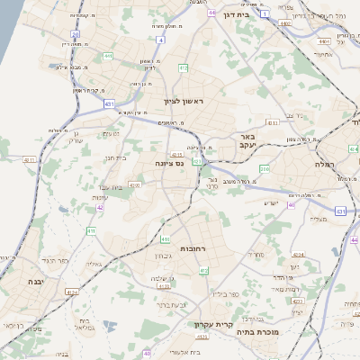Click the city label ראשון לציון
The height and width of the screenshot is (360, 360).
click(184, 103)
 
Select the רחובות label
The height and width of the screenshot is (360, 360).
click(195, 247)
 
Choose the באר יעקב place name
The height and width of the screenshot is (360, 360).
click(249, 139)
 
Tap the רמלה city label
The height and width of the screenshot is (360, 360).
click(323, 165)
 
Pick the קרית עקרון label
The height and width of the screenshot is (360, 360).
click(213, 324)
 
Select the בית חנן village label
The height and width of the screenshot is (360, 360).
click(114, 157)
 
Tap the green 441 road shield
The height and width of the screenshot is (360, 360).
click(107, 56)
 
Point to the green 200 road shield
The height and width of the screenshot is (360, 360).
click(265, 168)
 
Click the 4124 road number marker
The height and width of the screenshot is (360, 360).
click(72, 292)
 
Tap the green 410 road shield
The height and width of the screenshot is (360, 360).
click(166, 239)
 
